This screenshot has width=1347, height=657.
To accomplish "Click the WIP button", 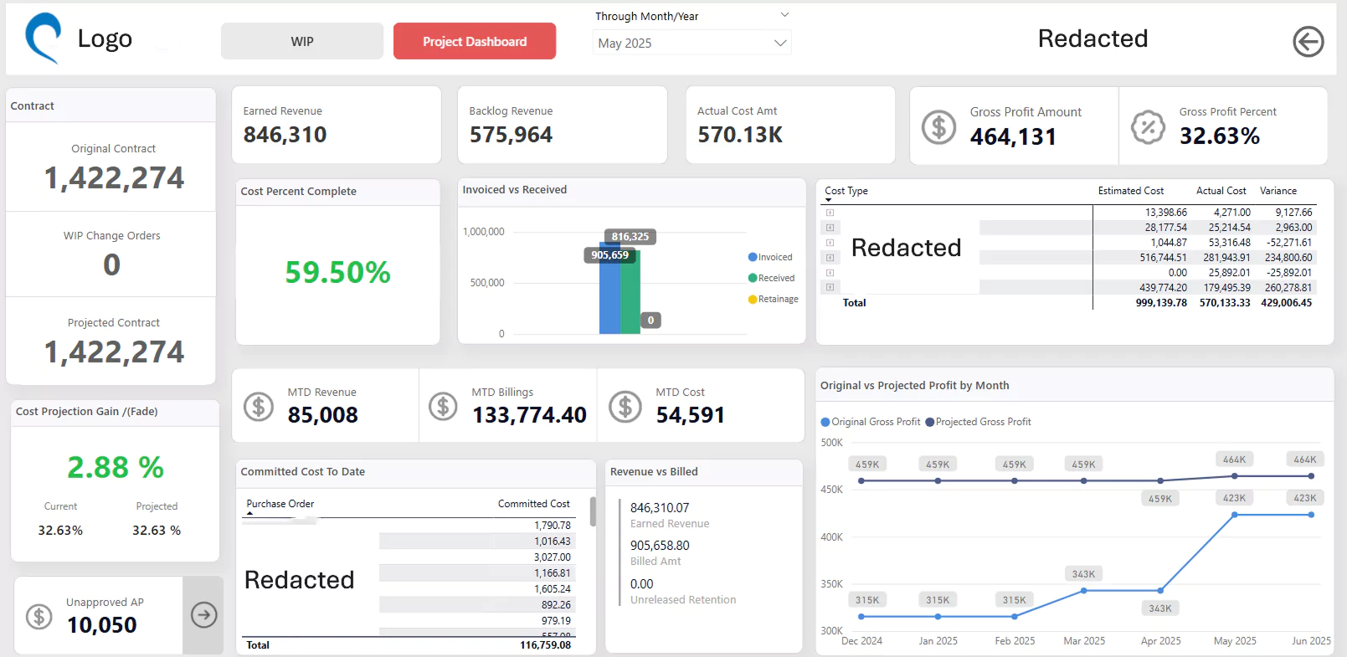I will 301,41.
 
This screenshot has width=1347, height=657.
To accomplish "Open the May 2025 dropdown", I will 691,43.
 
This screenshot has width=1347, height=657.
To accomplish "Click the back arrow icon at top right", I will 1308,41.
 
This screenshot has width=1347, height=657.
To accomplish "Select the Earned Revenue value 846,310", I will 285,135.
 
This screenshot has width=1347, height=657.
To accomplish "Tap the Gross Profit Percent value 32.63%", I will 1219,136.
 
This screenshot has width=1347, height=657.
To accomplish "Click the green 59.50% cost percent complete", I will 337,272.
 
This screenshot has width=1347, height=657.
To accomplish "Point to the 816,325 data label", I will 630,237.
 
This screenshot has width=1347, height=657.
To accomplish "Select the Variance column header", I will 1278,191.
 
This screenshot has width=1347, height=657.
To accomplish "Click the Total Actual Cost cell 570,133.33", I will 1224,303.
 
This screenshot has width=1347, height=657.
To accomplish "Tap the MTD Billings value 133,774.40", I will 529,414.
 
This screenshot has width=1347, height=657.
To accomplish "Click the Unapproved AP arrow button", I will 203,615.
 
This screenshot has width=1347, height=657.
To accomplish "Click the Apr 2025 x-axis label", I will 1160,641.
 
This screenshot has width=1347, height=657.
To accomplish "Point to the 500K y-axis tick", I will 831,443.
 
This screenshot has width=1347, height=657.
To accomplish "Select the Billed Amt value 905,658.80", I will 660,546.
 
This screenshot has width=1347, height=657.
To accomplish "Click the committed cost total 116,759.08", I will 545,645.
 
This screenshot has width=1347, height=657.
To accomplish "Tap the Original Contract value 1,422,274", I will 114,178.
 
